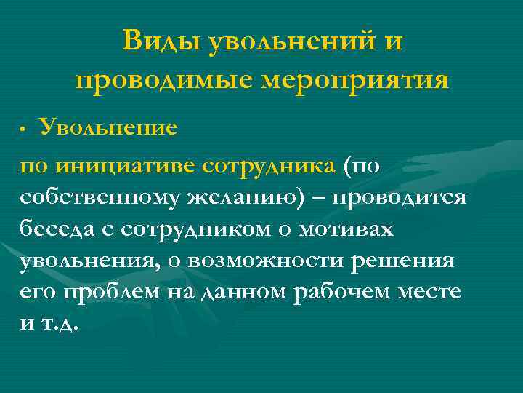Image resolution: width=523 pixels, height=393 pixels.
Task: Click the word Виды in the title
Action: [161, 41]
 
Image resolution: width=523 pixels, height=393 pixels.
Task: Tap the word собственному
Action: [98, 198]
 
